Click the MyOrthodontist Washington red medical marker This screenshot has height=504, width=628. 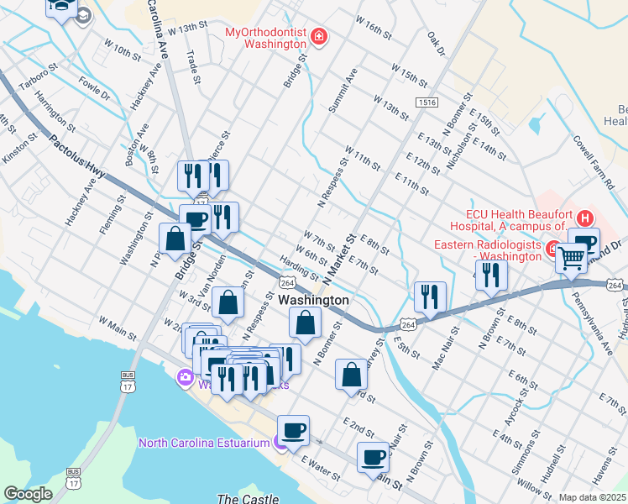pos(318,36)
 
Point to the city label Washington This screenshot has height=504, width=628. pos(312,300)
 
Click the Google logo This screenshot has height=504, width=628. pos(28,494)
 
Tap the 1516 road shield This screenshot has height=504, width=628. pos(426,102)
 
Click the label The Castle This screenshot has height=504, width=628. pos(242,499)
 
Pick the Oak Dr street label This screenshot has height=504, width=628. pos(435,45)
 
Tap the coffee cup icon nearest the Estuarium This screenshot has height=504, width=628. pos(293,431)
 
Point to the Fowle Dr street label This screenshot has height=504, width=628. pos(94,90)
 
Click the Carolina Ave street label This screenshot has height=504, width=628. pos(158,29)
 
